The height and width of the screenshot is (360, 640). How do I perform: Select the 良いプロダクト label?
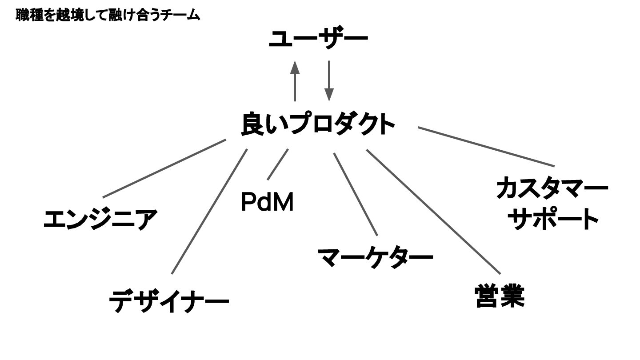318,124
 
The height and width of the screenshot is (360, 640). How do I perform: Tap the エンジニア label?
101,219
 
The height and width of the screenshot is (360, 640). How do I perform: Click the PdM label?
267,202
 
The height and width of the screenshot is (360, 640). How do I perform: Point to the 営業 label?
500,296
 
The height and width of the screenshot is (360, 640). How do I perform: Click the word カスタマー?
552,188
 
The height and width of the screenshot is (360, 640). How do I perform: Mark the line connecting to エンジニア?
164,168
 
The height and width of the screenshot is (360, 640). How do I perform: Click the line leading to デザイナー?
209,212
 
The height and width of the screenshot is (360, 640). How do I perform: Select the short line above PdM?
278,164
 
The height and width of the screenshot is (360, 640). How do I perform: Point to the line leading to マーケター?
356,194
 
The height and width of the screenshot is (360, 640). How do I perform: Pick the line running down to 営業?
433,212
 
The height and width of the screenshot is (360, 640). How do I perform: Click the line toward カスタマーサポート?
487,146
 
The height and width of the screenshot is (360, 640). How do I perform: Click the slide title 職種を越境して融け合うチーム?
108,16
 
